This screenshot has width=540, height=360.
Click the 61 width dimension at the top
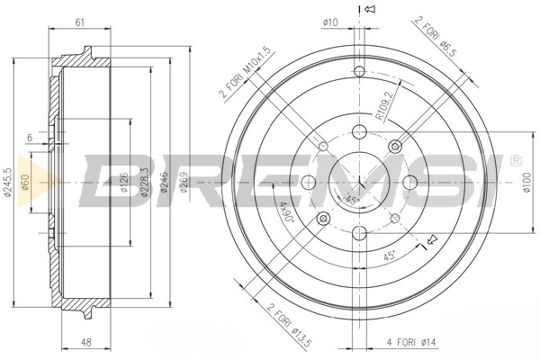pyautogui.click(x=79, y=22)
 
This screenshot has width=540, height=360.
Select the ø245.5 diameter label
pyautogui.click(x=8, y=183)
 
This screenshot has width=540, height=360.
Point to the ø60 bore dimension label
pyautogui.click(x=25, y=183)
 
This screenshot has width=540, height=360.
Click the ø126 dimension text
pyautogui.click(x=124, y=184)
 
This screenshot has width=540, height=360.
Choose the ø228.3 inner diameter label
pyautogui.click(x=145, y=182)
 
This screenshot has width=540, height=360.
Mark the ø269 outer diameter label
pyautogui.click(x=184, y=182)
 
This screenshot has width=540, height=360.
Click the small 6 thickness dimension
pyautogui.click(x=30, y=138)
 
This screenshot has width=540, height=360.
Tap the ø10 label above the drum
pyautogui.click(x=330, y=22)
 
